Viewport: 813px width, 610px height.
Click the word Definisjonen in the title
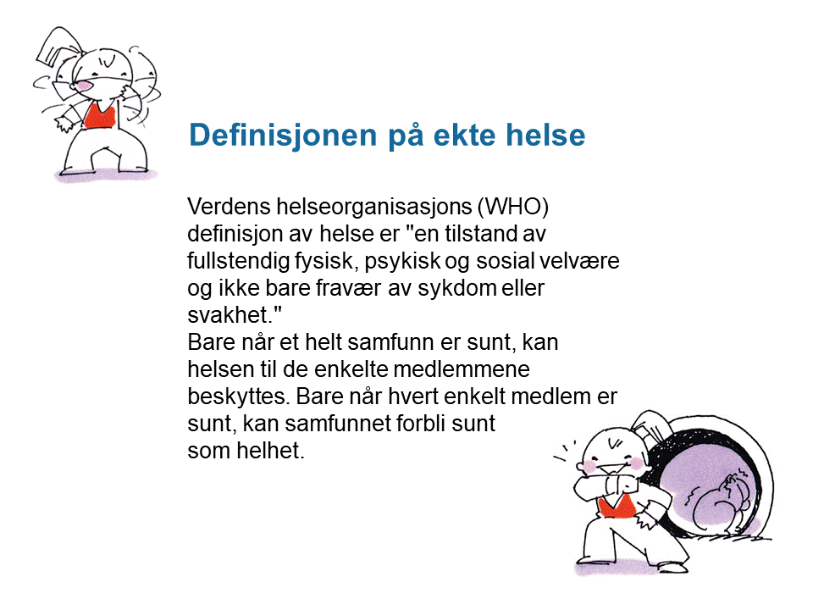tap(284, 135)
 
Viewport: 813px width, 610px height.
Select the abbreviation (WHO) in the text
tap(513, 207)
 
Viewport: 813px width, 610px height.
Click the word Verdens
tap(230, 207)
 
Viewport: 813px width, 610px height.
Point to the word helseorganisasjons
tap(374, 207)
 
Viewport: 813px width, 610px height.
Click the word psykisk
tap(402, 261)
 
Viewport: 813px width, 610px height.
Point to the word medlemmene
tap(462, 369)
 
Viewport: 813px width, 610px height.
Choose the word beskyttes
tap(237, 396)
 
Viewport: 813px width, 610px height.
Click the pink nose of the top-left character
tap(85, 86)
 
